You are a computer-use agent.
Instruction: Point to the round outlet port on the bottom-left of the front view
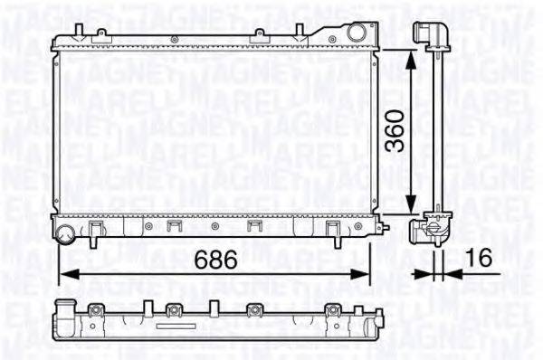[x=65, y=237]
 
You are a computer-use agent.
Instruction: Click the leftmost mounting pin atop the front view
[x=79, y=33]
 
